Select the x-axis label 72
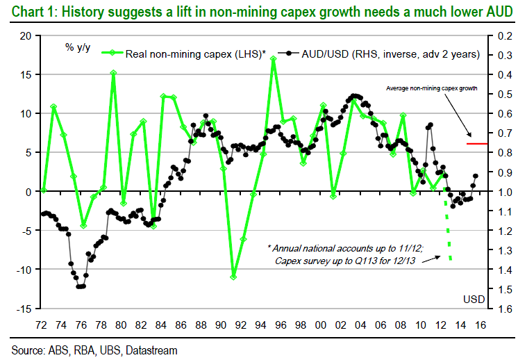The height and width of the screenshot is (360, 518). (42, 324)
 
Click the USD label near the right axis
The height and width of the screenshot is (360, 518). (474, 299)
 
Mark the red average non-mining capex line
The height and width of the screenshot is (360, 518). (476, 143)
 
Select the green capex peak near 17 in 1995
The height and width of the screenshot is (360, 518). (274, 58)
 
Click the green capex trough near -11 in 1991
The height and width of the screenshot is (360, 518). (234, 277)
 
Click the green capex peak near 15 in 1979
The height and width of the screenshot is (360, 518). (113, 72)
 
